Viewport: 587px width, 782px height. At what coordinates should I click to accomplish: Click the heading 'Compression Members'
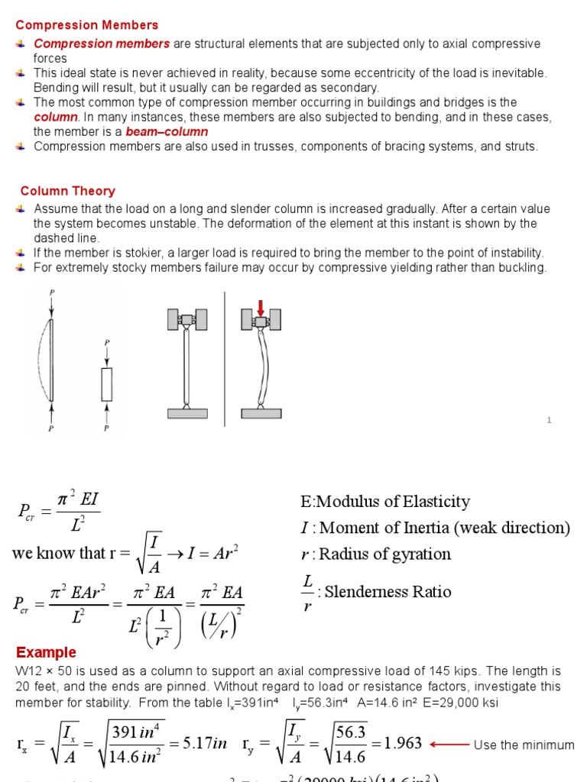(87, 25)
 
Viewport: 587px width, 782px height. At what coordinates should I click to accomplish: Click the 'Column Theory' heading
(68, 191)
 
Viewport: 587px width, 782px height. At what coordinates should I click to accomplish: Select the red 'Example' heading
(47, 652)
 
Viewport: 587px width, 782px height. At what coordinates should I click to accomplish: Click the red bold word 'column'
(56, 117)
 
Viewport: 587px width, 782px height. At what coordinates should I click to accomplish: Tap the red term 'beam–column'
(167, 131)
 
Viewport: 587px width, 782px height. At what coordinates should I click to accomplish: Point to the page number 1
(549, 420)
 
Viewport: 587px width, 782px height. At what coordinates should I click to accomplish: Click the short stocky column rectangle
(107, 384)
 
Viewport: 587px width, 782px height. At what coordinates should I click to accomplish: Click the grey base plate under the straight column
(187, 413)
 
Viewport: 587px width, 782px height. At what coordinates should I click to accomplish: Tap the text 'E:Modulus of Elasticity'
(385, 502)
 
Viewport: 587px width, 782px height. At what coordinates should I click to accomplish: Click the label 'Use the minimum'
(524, 745)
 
